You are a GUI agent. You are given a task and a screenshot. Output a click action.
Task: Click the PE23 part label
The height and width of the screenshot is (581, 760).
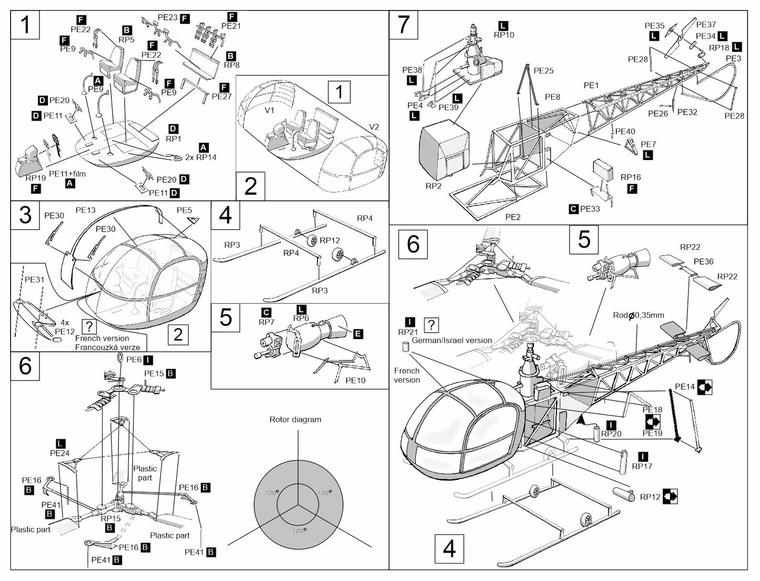point(167,17)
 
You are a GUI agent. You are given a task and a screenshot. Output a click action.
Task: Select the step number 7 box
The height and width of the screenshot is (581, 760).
point(403,24)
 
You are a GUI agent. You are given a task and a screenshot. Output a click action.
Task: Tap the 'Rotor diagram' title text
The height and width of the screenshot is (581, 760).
point(295,419)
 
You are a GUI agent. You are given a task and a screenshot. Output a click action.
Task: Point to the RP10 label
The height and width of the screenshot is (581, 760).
point(503,35)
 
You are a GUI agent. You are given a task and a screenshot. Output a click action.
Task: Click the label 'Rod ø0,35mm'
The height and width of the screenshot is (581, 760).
point(638,315)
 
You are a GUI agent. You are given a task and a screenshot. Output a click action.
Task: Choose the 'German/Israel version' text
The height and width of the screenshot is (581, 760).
point(452,340)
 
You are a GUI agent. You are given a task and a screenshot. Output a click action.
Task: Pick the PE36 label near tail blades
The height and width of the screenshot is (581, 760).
point(703,262)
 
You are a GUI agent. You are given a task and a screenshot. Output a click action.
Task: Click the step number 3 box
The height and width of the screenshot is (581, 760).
point(25,215)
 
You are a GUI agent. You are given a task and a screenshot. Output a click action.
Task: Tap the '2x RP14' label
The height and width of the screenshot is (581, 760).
point(200,157)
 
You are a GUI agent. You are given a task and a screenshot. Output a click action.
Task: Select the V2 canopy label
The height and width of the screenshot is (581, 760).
point(374,127)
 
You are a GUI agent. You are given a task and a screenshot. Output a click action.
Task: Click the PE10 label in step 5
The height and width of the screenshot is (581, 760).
point(355,380)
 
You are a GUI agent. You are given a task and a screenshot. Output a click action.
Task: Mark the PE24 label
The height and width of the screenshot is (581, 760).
point(60,453)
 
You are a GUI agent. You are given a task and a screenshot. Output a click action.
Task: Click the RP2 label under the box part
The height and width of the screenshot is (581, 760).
point(433,186)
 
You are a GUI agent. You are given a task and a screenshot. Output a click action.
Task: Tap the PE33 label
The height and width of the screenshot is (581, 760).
point(590,209)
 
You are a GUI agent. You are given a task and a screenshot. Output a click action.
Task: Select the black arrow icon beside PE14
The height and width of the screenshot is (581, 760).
point(705,387)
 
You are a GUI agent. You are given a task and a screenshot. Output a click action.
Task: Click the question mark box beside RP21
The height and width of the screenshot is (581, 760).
point(431,325)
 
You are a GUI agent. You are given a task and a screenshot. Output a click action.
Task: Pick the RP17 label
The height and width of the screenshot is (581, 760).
point(642,466)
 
